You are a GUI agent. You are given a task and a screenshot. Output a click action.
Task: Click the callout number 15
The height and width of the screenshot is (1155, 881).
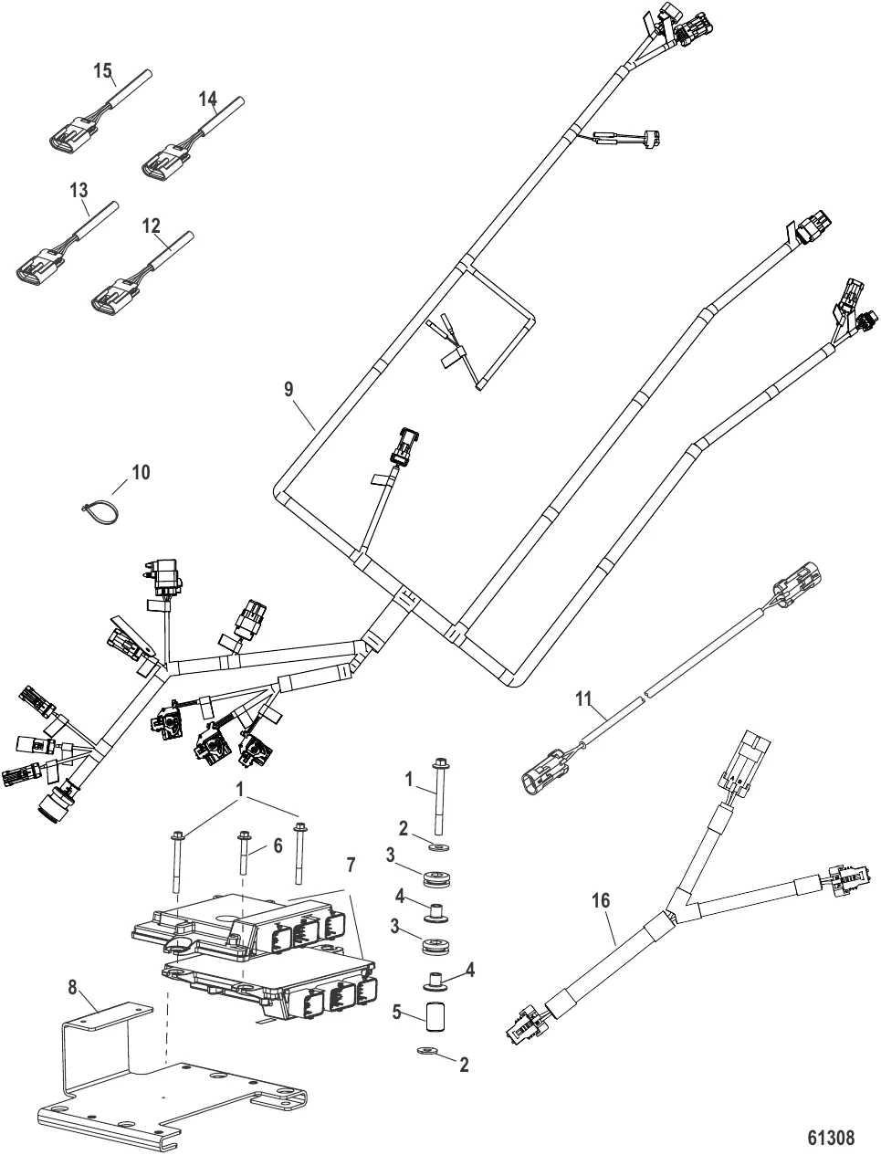(x=103, y=69)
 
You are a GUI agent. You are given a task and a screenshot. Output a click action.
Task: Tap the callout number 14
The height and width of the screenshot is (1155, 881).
(x=209, y=98)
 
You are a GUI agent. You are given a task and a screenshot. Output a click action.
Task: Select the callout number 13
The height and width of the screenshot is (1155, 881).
(x=79, y=190)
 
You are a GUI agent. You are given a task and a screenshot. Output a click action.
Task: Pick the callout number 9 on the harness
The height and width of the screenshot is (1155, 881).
(x=288, y=390)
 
